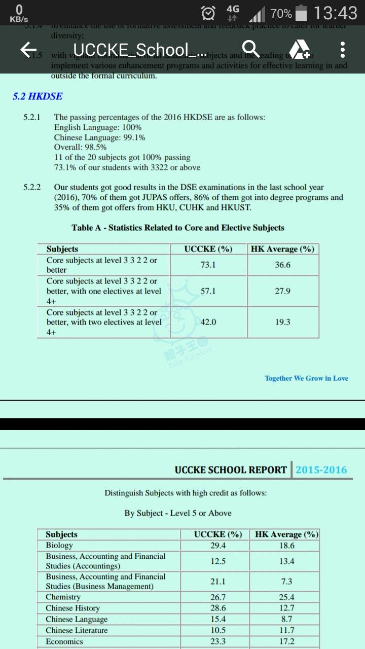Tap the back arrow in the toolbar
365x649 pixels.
28,50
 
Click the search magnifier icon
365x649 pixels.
250,49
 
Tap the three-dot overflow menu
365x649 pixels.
343,50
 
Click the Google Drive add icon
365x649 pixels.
299,49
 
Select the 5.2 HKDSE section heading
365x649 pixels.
38,96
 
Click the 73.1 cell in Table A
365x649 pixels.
208,265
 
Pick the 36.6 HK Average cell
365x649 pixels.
283,265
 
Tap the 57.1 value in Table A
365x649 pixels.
208,291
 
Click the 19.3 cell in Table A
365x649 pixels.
283,322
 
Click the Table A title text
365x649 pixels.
178,228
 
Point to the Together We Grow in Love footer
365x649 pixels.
306,378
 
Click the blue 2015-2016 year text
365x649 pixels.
321,470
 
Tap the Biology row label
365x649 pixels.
59,545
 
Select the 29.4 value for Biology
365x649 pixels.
218,546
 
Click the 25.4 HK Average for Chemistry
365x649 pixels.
286,597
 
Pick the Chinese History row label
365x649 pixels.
72,608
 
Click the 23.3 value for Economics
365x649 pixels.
218,641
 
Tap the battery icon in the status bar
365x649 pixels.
301,13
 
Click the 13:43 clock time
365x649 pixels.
336,13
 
